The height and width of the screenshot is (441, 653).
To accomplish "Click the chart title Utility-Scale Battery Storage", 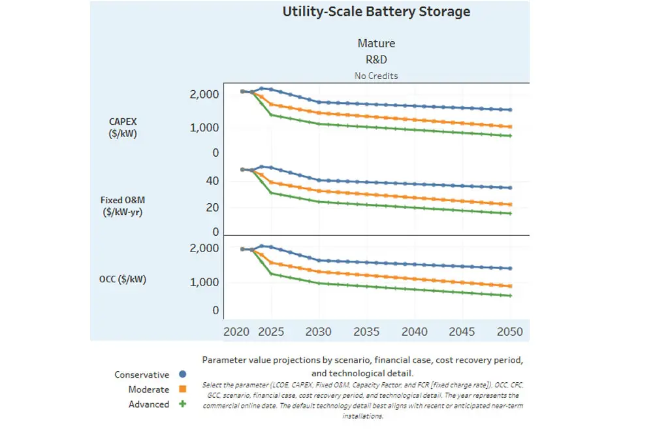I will click(x=376, y=12).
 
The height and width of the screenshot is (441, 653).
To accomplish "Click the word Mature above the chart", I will click(x=376, y=44).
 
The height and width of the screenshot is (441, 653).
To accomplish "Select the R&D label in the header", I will click(x=376, y=59).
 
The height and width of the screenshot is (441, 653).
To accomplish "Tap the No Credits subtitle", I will click(x=376, y=76).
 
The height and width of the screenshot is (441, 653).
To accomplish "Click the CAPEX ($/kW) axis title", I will click(x=123, y=128).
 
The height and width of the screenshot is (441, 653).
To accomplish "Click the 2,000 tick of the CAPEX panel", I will click(x=204, y=95).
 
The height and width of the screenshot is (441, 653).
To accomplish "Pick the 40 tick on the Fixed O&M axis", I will click(x=213, y=181).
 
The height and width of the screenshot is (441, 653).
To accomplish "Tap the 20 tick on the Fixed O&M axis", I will click(x=213, y=208).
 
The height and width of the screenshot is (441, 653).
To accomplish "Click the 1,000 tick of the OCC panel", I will click(x=204, y=282).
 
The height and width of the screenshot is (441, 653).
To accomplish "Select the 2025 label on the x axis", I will click(x=272, y=331).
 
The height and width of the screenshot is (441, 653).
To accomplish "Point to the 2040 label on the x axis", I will click(x=415, y=331).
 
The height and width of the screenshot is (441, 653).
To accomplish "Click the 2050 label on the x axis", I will click(x=510, y=331).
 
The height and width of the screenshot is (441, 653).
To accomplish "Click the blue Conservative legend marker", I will click(x=183, y=374).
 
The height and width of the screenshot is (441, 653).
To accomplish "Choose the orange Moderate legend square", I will click(x=183, y=389).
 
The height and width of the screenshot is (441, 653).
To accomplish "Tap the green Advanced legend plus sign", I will click(x=183, y=404).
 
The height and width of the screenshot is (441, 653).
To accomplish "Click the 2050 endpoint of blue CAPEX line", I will click(x=510, y=110).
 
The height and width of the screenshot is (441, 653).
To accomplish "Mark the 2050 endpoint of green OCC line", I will click(x=510, y=296).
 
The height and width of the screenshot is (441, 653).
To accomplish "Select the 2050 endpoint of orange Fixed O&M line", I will click(x=510, y=204).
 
